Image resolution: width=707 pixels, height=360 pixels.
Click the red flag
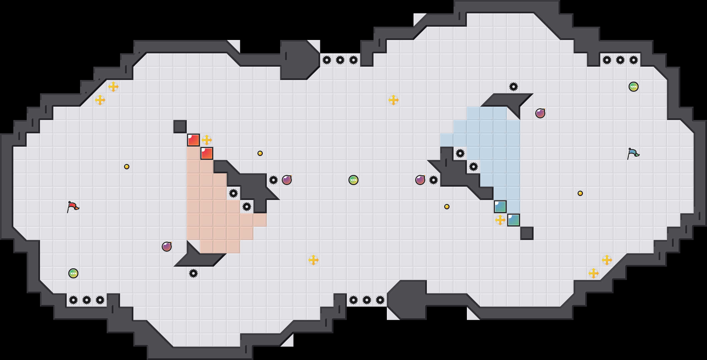73,207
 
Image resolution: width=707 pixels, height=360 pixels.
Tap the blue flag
633,153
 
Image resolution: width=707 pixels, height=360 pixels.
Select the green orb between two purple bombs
353,180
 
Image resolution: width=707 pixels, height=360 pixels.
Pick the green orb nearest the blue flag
634,87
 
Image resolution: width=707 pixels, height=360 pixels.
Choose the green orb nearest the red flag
73,273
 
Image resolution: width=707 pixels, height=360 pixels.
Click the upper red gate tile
193,140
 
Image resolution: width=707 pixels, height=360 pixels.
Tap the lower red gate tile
207,153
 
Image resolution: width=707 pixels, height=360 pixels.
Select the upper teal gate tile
500,207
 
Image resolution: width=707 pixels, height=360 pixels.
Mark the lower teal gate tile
514,220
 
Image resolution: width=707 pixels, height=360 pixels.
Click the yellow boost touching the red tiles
207,140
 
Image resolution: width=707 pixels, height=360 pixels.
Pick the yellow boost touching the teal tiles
500,220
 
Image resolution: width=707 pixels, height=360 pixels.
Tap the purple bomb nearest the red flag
167,247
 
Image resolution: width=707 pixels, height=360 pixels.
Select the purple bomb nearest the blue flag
540,113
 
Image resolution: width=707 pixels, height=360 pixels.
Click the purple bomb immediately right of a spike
287,180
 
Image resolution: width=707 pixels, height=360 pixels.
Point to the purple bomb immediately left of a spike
420,180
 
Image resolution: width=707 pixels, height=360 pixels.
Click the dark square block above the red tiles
180,127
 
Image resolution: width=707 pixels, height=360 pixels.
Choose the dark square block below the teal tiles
527,233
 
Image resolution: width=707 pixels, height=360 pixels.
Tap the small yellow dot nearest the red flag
127,167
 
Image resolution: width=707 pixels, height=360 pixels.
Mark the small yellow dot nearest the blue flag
580,193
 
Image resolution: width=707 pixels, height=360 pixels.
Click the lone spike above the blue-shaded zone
514,87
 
